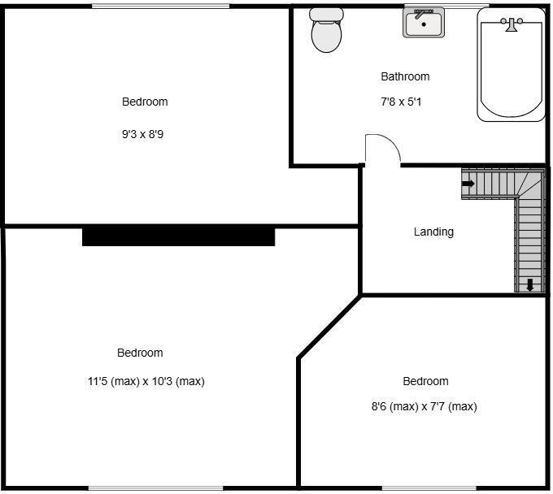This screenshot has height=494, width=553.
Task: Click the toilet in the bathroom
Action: (x=327, y=34)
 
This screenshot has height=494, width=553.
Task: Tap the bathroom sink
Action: (x=424, y=24)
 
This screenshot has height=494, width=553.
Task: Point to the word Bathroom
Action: (x=405, y=76)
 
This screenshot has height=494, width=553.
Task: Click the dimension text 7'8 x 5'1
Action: (x=402, y=102)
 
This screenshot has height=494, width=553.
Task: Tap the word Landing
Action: (x=433, y=232)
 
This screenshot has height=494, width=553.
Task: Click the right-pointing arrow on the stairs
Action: (x=468, y=184)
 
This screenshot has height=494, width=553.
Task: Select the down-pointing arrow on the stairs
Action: (x=530, y=284)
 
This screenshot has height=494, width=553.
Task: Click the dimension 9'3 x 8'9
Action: (x=142, y=134)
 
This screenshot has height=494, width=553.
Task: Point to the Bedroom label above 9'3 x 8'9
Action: (x=145, y=102)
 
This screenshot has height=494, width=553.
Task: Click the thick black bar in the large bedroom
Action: (x=179, y=236)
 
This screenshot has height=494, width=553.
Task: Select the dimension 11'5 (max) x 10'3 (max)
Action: (x=146, y=381)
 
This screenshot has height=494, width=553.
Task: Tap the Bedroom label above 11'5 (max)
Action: (x=140, y=353)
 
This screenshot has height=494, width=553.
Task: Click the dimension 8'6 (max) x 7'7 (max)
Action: (x=424, y=407)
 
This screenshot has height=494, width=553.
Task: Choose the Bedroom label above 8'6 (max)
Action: (x=425, y=381)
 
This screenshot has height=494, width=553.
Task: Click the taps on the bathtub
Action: (x=512, y=25)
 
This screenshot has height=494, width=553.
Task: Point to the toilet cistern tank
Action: (x=327, y=14)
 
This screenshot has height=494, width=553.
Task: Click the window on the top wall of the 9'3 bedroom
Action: (x=159, y=6)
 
